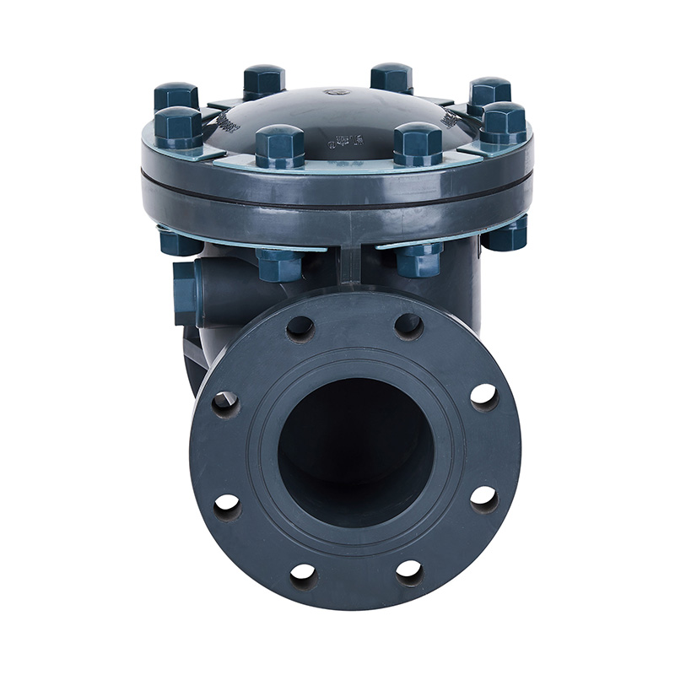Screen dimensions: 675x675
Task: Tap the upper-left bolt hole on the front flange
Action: [x=300, y=327]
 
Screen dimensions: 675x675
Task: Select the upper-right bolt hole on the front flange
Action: [x=408, y=325]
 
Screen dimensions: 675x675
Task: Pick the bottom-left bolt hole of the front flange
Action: [x=302, y=575]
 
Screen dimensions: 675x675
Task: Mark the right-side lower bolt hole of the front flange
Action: [x=483, y=498]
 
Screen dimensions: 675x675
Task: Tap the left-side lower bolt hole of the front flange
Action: [x=227, y=505]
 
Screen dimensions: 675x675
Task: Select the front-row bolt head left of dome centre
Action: [x=280, y=145]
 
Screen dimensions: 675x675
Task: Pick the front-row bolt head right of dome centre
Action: [x=418, y=143]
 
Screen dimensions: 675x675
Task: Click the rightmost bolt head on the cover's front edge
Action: [x=504, y=123]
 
